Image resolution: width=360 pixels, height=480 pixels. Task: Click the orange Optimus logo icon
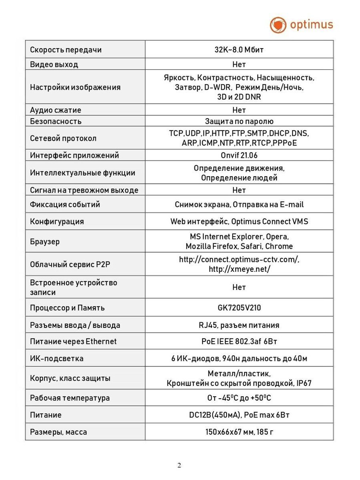click(x=278, y=25)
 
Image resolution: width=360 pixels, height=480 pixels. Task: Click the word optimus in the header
click(x=311, y=24)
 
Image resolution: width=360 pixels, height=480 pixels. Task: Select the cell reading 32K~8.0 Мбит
click(x=239, y=50)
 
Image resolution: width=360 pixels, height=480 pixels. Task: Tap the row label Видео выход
click(x=54, y=64)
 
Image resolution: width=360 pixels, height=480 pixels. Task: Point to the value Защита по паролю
click(x=239, y=121)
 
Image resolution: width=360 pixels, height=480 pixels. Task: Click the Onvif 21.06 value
click(x=239, y=155)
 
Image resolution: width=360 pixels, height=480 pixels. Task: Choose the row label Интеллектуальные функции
click(x=82, y=173)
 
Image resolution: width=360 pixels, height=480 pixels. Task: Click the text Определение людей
click(x=239, y=178)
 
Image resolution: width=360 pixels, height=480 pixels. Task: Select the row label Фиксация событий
click(x=65, y=205)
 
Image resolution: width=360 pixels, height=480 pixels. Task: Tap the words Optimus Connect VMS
click(x=270, y=221)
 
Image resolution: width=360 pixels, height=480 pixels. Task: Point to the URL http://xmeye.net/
click(x=239, y=269)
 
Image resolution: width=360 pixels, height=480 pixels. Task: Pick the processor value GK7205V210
click(x=239, y=308)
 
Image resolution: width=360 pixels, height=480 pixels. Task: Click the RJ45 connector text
click(x=208, y=325)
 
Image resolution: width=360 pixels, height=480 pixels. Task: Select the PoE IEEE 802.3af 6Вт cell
click(x=239, y=341)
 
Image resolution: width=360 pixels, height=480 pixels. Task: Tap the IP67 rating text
click(x=304, y=383)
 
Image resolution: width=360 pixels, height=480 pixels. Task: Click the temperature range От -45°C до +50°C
click(x=239, y=398)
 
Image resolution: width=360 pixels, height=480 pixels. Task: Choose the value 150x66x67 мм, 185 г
click(x=239, y=432)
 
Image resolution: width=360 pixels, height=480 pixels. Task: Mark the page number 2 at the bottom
click(x=179, y=465)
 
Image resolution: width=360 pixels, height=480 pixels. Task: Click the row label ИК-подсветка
click(x=57, y=359)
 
